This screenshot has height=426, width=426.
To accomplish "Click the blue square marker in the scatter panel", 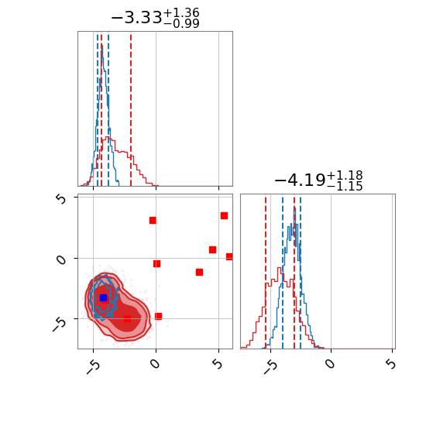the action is click(x=103, y=297).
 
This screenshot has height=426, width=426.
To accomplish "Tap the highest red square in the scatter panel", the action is click(x=224, y=216).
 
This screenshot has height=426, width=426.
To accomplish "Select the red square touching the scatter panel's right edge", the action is click(x=229, y=256).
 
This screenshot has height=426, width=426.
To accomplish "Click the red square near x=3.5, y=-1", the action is click(x=199, y=272).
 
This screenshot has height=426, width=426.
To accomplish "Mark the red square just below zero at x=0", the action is click(x=156, y=263).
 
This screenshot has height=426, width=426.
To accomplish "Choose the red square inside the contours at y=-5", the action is click(x=128, y=318).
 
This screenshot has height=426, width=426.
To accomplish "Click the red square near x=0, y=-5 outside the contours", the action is click(x=158, y=316).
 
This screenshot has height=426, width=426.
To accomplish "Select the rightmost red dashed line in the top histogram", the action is click(x=131, y=108).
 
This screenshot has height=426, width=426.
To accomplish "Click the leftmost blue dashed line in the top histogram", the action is click(x=98, y=108).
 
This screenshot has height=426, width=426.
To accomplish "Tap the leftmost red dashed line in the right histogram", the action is click(x=266, y=272).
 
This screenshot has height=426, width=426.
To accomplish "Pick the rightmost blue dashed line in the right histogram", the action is click(x=301, y=272).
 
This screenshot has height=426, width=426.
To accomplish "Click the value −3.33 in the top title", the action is click(x=136, y=18).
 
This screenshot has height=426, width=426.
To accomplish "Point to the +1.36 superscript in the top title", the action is click(x=181, y=12).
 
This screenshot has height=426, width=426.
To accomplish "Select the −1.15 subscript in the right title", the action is click(x=345, y=186).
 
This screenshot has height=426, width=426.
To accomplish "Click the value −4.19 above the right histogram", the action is click(x=300, y=180).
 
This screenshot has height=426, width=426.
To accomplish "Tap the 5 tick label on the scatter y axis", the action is click(x=62, y=199).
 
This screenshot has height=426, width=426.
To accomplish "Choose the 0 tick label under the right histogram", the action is click(x=330, y=363).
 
